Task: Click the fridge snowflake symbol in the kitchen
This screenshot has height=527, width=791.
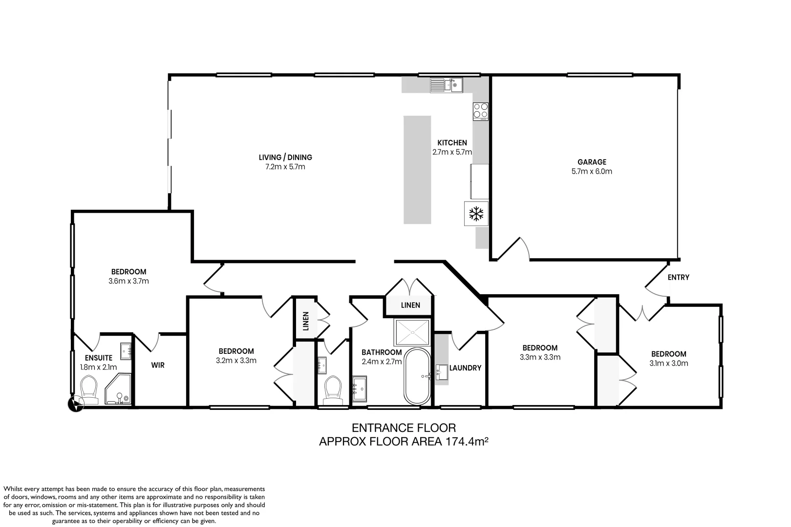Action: (x=476, y=214)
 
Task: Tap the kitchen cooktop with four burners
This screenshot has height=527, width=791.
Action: (x=481, y=111)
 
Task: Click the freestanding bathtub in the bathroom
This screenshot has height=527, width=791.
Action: (x=417, y=376)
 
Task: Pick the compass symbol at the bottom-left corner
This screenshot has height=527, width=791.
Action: (x=75, y=404)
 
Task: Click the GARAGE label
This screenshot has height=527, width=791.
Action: (x=592, y=162)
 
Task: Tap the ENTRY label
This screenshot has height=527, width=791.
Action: (x=678, y=277)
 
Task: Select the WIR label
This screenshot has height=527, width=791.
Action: (x=158, y=365)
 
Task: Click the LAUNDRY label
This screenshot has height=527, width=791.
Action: (x=465, y=368)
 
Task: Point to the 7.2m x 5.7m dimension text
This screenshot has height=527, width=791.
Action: (x=285, y=167)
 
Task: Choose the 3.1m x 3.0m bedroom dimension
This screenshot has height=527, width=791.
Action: (x=668, y=363)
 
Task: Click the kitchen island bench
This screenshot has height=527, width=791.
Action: (x=417, y=169)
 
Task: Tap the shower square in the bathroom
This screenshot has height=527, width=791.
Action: (x=412, y=332)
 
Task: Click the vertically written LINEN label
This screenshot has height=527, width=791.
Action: (x=306, y=321)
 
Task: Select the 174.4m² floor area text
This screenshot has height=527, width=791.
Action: (x=466, y=442)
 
